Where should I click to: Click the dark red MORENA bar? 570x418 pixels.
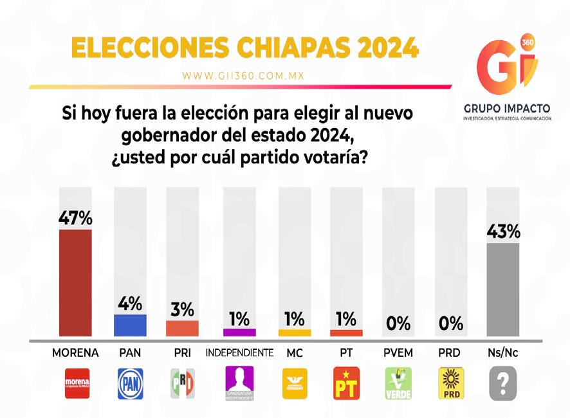coord(75,283)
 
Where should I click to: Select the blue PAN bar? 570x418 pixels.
coord(129,325)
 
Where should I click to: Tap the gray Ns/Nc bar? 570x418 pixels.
coord(504,290)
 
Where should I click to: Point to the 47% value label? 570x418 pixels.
coord(75,219)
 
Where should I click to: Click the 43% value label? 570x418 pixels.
coord(504,232)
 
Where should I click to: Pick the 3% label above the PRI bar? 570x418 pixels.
coord(183,309)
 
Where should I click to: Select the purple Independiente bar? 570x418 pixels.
coord(239,332)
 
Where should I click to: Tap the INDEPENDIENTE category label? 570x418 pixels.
coord(239,353)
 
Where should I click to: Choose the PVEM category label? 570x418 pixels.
coord(398,353)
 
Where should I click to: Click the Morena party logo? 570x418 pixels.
coord(75,384)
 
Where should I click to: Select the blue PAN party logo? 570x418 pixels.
coord(129,384)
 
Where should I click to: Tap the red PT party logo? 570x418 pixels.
coord(345,384)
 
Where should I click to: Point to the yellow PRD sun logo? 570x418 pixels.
coord(450,384)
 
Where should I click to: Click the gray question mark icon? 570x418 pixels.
coord(504,384)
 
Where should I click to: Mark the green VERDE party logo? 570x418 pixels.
coord(398,384)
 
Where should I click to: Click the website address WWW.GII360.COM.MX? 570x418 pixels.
coord(243,75)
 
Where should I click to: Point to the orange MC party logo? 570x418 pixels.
coord(295,384)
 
